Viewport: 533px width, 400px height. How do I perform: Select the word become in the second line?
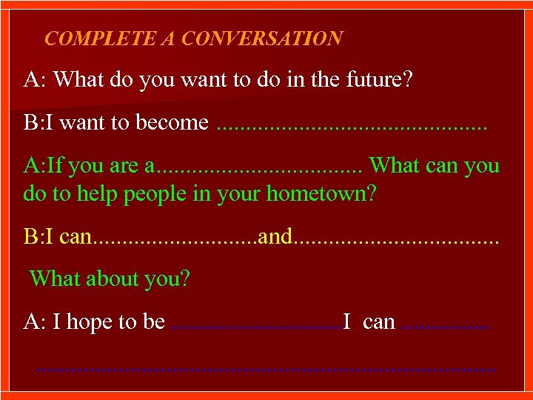[172, 122]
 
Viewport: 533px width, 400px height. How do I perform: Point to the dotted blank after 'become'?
[353, 126]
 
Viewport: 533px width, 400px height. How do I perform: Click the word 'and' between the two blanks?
[276, 236]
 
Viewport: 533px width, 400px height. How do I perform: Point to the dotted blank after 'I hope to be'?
[256, 326]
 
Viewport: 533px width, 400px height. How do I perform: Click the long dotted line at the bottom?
[266, 367]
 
